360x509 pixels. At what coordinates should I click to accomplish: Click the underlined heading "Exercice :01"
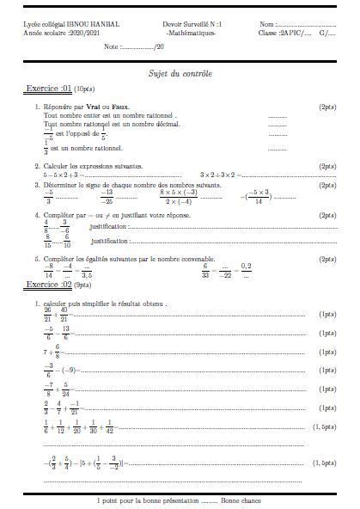click(x=48, y=89)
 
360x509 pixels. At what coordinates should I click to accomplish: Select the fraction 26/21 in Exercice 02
click(x=48, y=316)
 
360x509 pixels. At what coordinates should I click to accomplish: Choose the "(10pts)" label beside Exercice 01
click(x=85, y=89)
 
